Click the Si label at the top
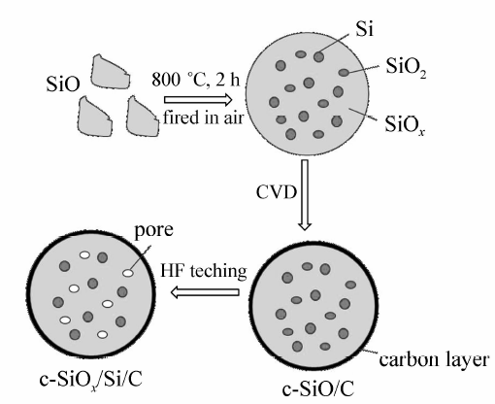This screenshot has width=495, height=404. pyautogui.click(x=364, y=29)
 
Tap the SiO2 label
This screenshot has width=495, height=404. pyautogui.click(x=406, y=67)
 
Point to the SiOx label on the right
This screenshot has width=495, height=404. pyautogui.click(x=405, y=124)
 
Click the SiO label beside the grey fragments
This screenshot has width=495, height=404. pyautogui.click(x=63, y=84)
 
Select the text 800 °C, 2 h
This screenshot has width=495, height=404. pyautogui.click(x=196, y=79)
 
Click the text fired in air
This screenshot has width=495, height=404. pyautogui.click(x=203, y=118)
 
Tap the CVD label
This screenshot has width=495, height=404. pyautogui.click(x=277, y=192)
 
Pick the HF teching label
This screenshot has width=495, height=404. pyautogui.click(x=204, y=271)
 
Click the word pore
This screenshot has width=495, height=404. pyautogui.click(x=153, y=231)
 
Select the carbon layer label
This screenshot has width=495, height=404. pyautogui.click(x=434, y=359)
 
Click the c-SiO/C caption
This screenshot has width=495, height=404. pyautogui.click(x=318, y=389)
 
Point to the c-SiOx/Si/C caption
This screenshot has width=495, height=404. pyautogui.click(x=91, y=380)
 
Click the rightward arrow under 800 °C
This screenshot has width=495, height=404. pyautogui.click(x=198, y=100)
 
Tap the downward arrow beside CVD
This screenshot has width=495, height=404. pyautogui.click(x=305, y=195)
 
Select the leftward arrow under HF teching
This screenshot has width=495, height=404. pyautogui.click(x=205, y=292)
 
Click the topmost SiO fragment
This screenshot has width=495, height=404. pyautogui.click(x=110, y=72)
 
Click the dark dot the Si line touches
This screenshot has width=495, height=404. pyautogui.click(x=318, y=56)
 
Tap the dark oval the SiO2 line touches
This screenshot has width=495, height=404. pyautogui.click(x=344, y=73)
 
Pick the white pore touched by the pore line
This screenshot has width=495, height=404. pyautogui.click(x=128, y=273)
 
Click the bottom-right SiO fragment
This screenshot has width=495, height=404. pyautogui.click(x=142, y=117)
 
